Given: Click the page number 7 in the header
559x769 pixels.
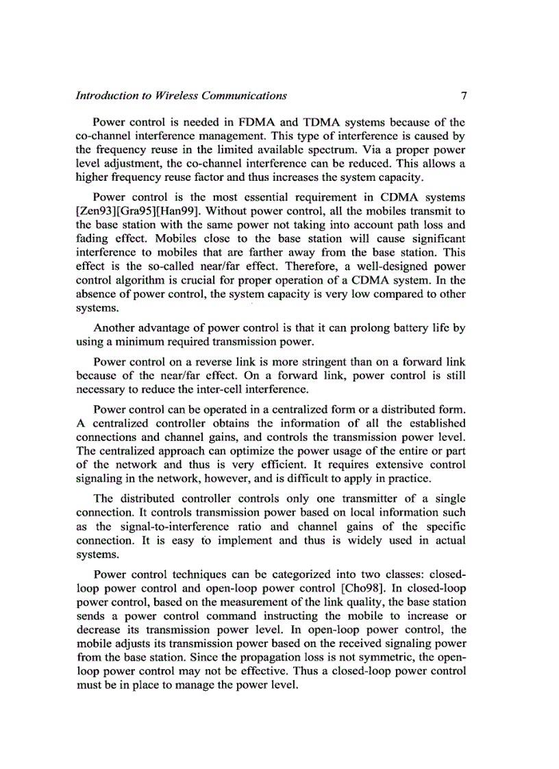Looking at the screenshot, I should pos(463,95).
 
